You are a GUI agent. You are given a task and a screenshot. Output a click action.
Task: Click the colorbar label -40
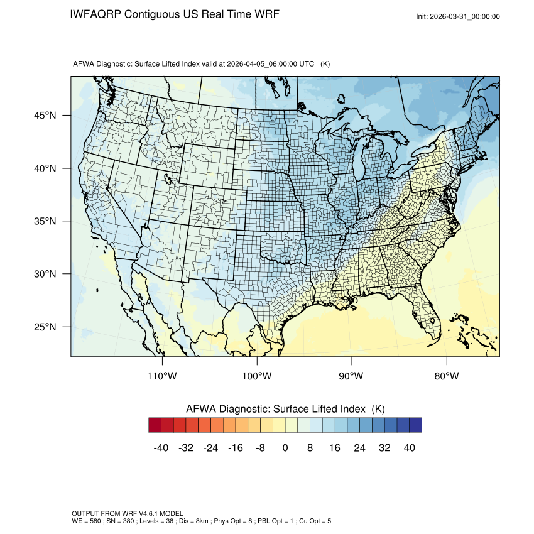pyautogui.click(x=161, y=448)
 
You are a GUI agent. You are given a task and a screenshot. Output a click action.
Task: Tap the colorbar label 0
pyautogui.click(x=285, y=448)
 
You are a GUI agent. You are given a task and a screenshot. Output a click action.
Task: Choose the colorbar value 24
pyautogui.click(x=360, y=448)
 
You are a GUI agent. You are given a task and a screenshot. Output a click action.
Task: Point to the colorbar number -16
pyautogui.click(x=236, y=448)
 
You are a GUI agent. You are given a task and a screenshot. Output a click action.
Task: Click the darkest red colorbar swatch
pyautogui.click(x=155, y=425)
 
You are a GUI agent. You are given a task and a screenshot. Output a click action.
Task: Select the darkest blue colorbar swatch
pyautogui.click(x=415, y=425)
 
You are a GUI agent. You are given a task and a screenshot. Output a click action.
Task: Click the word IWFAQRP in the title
pyautogui.click(x=96, y=14)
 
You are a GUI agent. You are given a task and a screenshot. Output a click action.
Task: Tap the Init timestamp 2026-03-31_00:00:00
pyautogui.click(x=466, y=16)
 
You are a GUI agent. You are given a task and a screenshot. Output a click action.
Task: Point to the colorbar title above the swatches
pyautogui.click(x=285, y=408)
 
